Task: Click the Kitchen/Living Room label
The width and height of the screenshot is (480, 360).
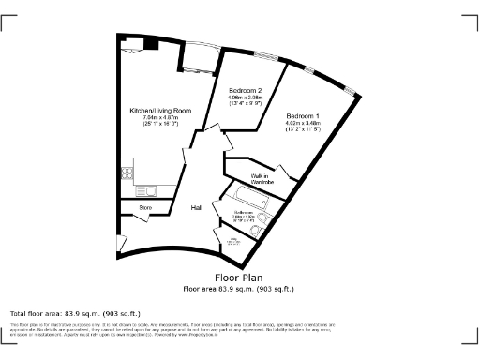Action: coord(160,111)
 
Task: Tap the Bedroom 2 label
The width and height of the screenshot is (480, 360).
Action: coord(244,90)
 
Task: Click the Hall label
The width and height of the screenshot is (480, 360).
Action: coord(198,207)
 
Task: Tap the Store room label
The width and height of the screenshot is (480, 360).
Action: coord(145,206)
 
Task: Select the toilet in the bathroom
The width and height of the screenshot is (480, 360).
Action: coord(265,218)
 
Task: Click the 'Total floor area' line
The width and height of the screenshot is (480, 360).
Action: coord(75,313)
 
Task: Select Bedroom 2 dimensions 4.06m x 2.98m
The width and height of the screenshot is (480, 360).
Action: coord(244,101)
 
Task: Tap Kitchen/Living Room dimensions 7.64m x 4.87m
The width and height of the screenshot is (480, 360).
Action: coord(160,121)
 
